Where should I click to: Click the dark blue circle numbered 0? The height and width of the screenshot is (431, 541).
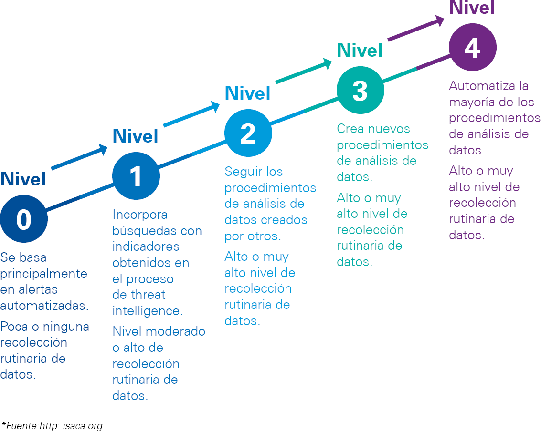click(x=24, y=219)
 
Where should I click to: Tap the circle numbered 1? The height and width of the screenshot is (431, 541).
click(x=136, y=176)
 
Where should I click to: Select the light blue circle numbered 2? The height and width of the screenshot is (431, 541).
click(x=248, y=133)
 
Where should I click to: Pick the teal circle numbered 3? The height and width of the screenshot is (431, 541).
click(x=360, y=90)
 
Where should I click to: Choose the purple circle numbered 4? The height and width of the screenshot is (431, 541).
click(x=473, y=47)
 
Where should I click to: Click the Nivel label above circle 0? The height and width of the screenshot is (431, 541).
click(x=23, y=179)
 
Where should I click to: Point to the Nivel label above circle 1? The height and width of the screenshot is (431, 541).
click(x=135, y=136)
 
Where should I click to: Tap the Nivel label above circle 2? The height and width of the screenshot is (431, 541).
click(x=247, y=93)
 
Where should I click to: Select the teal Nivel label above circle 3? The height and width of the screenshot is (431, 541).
click(x=360, y=50)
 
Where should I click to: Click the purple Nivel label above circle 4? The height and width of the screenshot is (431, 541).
click(x=472, y=7)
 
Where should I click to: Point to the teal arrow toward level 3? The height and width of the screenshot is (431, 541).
click(x=304, y=71)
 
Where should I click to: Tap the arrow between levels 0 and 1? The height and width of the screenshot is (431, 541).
click(x=79, y=157)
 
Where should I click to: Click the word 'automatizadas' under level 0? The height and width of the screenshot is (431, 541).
click(x=44, y=306)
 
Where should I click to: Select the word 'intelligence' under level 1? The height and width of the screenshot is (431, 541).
click(x=148, y=311)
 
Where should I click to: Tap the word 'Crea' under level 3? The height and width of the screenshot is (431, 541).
click(x=350, y=129)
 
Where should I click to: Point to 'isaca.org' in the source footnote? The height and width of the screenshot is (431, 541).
click(x=83, y=426)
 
